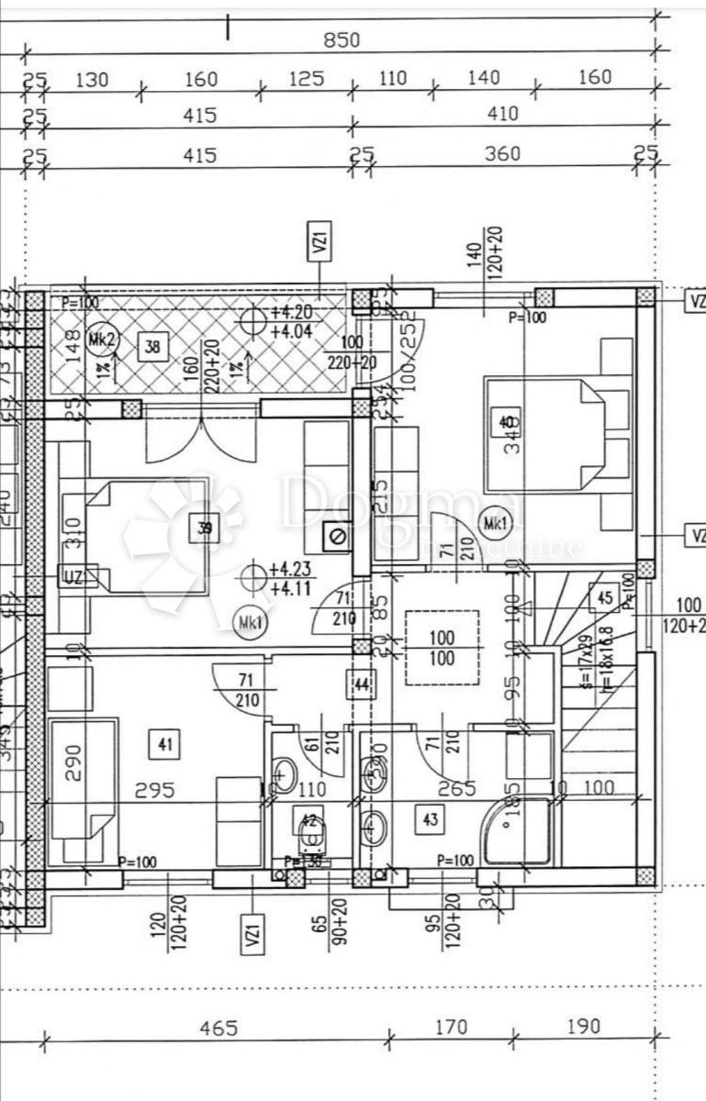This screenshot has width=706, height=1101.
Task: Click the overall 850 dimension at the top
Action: point(342,40)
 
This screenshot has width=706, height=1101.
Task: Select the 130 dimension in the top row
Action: point(91,80)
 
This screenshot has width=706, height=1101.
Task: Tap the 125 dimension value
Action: point(306,79)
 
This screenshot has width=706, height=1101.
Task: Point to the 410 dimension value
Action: point(503,114)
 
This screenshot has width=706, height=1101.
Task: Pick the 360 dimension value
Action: point(503,153)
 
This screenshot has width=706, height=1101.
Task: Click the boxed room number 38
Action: point(151,347)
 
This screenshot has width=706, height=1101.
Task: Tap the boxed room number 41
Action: point(166,744)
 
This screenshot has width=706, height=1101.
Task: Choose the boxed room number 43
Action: point(431,818)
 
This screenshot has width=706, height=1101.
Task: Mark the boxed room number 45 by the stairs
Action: point(605,597)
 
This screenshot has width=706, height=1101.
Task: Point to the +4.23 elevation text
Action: point(293,568)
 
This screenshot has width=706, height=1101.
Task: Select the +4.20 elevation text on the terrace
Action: point(293,312)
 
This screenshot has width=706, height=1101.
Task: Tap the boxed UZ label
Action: point(73,576)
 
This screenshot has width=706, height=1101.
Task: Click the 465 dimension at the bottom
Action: point(218,1028)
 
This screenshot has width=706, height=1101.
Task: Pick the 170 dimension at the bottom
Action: point(449,1027)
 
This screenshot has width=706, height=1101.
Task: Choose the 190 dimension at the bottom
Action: point(583,1027)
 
